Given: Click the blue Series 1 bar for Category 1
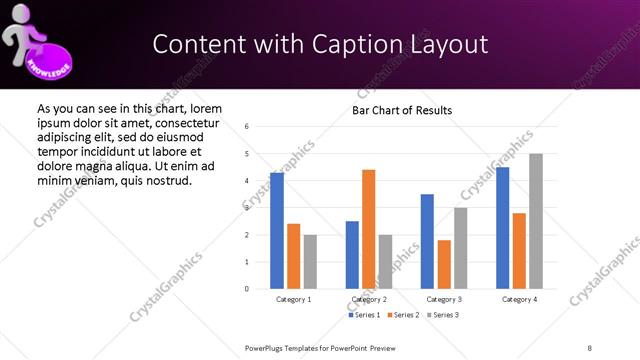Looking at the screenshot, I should (277, 231).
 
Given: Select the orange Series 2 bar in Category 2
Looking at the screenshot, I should (368, 229).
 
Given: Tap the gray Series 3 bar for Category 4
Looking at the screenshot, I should (536, 221).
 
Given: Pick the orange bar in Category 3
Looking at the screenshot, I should (444, 264).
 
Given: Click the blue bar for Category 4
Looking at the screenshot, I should (502, 228).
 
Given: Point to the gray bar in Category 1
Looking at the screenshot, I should (310, 262).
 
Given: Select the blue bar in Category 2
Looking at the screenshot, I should (352, 255).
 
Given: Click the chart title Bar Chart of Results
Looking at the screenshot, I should (402, 110).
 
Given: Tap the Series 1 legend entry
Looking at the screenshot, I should (364, 315).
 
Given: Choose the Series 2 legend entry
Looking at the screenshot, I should (402, 315).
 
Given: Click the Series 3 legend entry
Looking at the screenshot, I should (441, 315).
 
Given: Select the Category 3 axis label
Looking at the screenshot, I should (444, 299).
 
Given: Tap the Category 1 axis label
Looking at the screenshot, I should (293, 299).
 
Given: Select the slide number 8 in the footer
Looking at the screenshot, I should (589, 347).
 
